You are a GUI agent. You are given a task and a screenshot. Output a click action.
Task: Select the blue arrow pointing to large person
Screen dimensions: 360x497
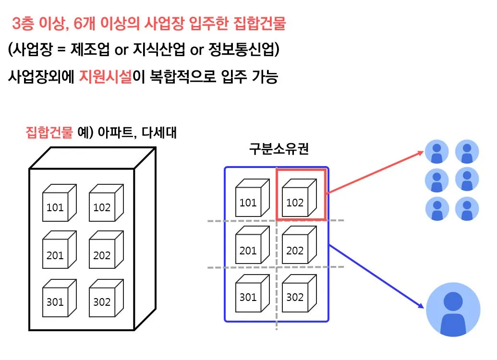(377, 276)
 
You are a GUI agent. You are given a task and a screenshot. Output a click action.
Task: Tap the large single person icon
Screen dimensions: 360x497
(453, 309)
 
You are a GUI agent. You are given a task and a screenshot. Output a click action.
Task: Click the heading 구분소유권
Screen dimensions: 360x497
(278, 149)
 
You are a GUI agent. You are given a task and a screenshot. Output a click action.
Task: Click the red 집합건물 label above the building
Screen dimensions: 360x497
(48, 132)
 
